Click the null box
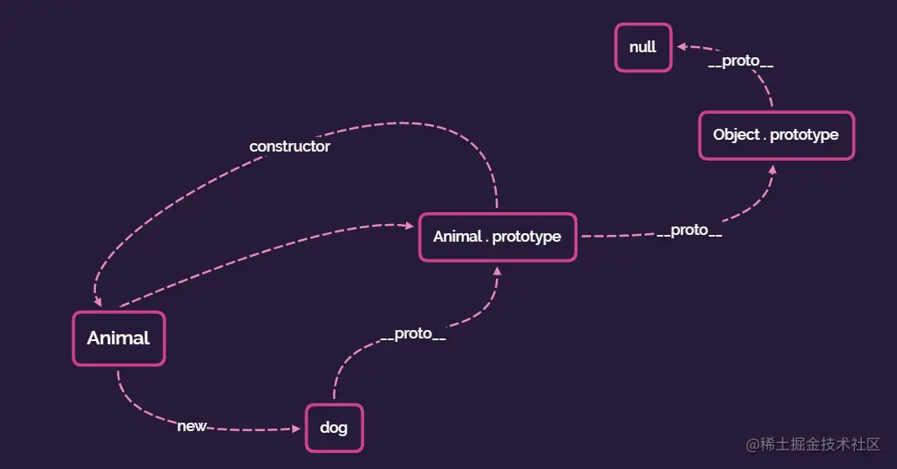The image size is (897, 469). (643, 47)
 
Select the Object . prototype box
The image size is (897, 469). (776, 135)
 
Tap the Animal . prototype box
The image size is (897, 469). (497, 237)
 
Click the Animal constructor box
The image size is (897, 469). (119, 338)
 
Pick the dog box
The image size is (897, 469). (334, 428)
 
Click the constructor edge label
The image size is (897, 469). (290, 147)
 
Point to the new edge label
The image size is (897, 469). (192, 426)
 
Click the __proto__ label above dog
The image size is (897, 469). (413, 333)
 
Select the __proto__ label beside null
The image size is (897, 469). (741, 61)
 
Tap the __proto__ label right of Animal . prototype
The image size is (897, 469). (689, 231)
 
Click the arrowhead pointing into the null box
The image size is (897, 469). (682, 49)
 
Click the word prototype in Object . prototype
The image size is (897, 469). (805, 135)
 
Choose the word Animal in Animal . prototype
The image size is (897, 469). (457, 237)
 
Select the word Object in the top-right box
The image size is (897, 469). (736, 135)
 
